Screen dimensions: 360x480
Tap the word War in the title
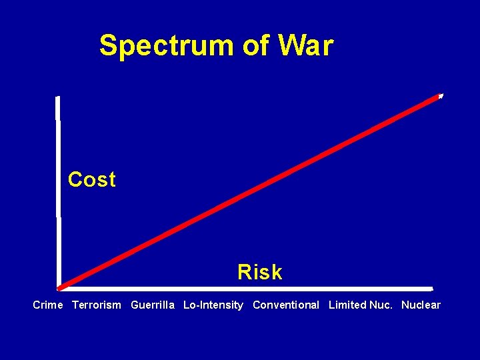[x=306, y=46]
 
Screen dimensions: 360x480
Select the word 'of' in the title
[x=256, y=46]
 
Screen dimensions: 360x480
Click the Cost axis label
[x=92, y=179]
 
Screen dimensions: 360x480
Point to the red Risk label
[x=260, y=272]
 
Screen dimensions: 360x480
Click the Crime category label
[x=48, y=305]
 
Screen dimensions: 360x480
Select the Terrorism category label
[x=97, y=305]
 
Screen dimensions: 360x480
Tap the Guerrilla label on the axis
[x=153, y=305]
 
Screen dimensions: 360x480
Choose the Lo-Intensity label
[x=213, y=305]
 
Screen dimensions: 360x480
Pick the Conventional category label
[x=286, y=305]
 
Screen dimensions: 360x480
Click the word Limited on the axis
[x=347, y=305]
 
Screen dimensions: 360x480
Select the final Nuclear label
[x=421, y=305]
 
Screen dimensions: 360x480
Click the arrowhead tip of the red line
[x=441, y=96]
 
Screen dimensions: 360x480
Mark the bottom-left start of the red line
[x=60, y=288]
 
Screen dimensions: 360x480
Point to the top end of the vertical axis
[x=58, y=98]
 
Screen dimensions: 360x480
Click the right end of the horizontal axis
[x=431, y=289]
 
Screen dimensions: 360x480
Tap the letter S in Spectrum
[x=108, y=46]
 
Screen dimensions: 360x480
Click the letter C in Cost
[x=75, y=179]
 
